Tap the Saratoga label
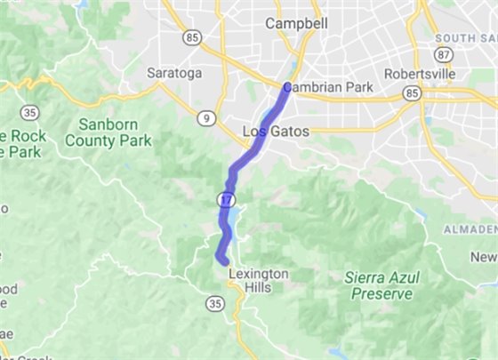(x=174, y=73)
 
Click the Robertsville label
(x=420, y=73)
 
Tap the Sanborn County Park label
(x=115, y=132)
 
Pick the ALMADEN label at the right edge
(x=470, y=230)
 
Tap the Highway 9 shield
(x=205, y=116)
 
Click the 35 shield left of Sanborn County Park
(x=30, y=112)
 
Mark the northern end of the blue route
(x=286, y=86)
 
